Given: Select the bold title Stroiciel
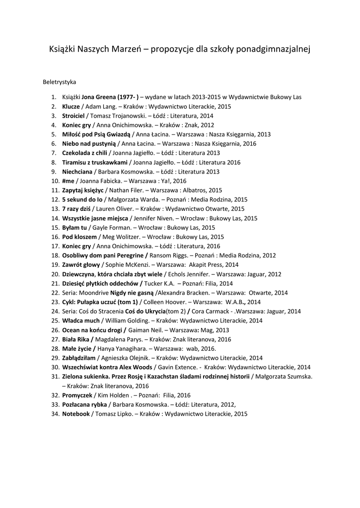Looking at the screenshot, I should (73, 116).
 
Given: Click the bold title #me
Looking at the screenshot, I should (68, 181).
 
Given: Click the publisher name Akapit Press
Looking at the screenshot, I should (209, 265).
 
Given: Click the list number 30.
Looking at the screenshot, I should (55, 367).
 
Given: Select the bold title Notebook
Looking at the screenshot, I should (76, 414).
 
